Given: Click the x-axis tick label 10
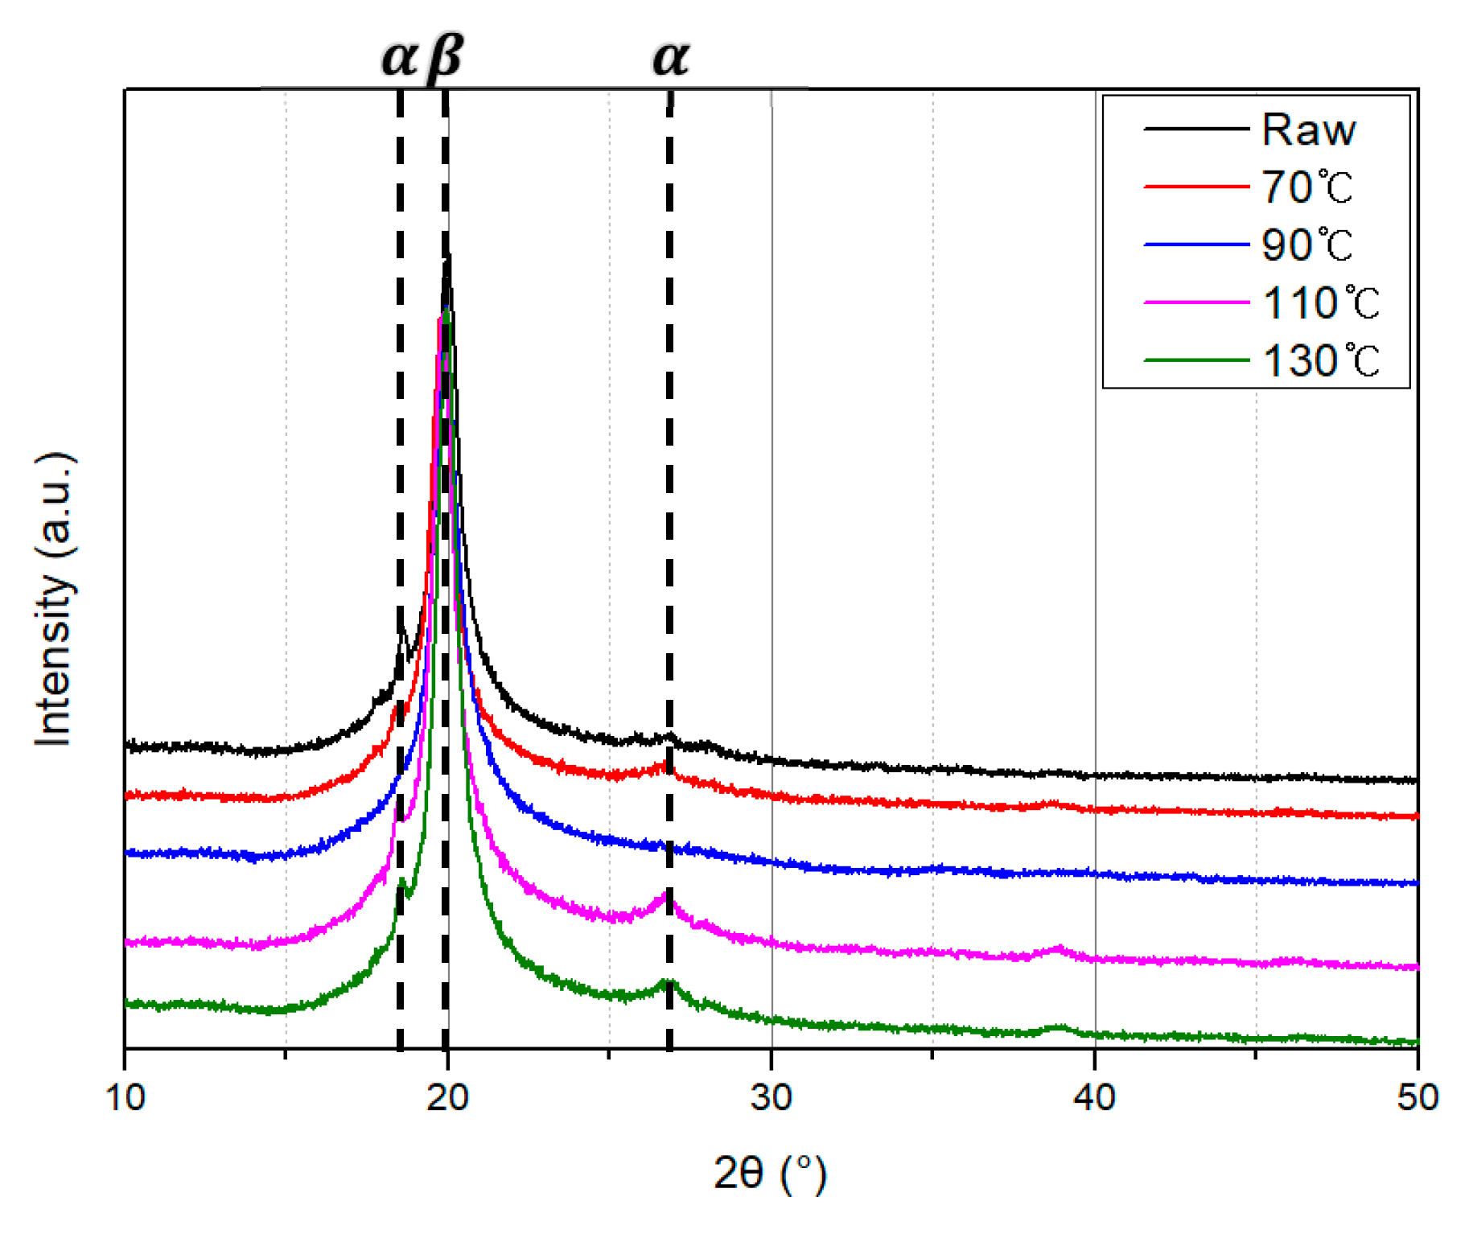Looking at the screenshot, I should [125, 1097].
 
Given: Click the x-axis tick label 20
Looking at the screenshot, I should [448, 1097].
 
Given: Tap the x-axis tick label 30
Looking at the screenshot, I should [771, 1097].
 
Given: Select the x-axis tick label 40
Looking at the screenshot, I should [1094, 1097].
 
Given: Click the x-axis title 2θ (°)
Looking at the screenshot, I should [770, 1174].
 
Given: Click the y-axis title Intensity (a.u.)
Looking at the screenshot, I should [55, 599].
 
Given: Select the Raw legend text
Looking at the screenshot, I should [1308, 130].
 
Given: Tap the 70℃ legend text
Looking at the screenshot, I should [1306, 187].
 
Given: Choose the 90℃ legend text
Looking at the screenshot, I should [1306, 245].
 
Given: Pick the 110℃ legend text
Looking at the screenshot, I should [1320, 303].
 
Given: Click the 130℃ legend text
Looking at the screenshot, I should [1320, 360].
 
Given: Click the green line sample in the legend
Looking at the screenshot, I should [1196, 360].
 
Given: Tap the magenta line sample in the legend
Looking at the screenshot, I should [1196, 303].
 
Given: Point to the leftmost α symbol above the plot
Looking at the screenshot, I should [399, 58].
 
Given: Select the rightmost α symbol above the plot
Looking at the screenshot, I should [670, 58].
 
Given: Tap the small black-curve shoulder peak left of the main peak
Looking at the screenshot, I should [401, 633].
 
